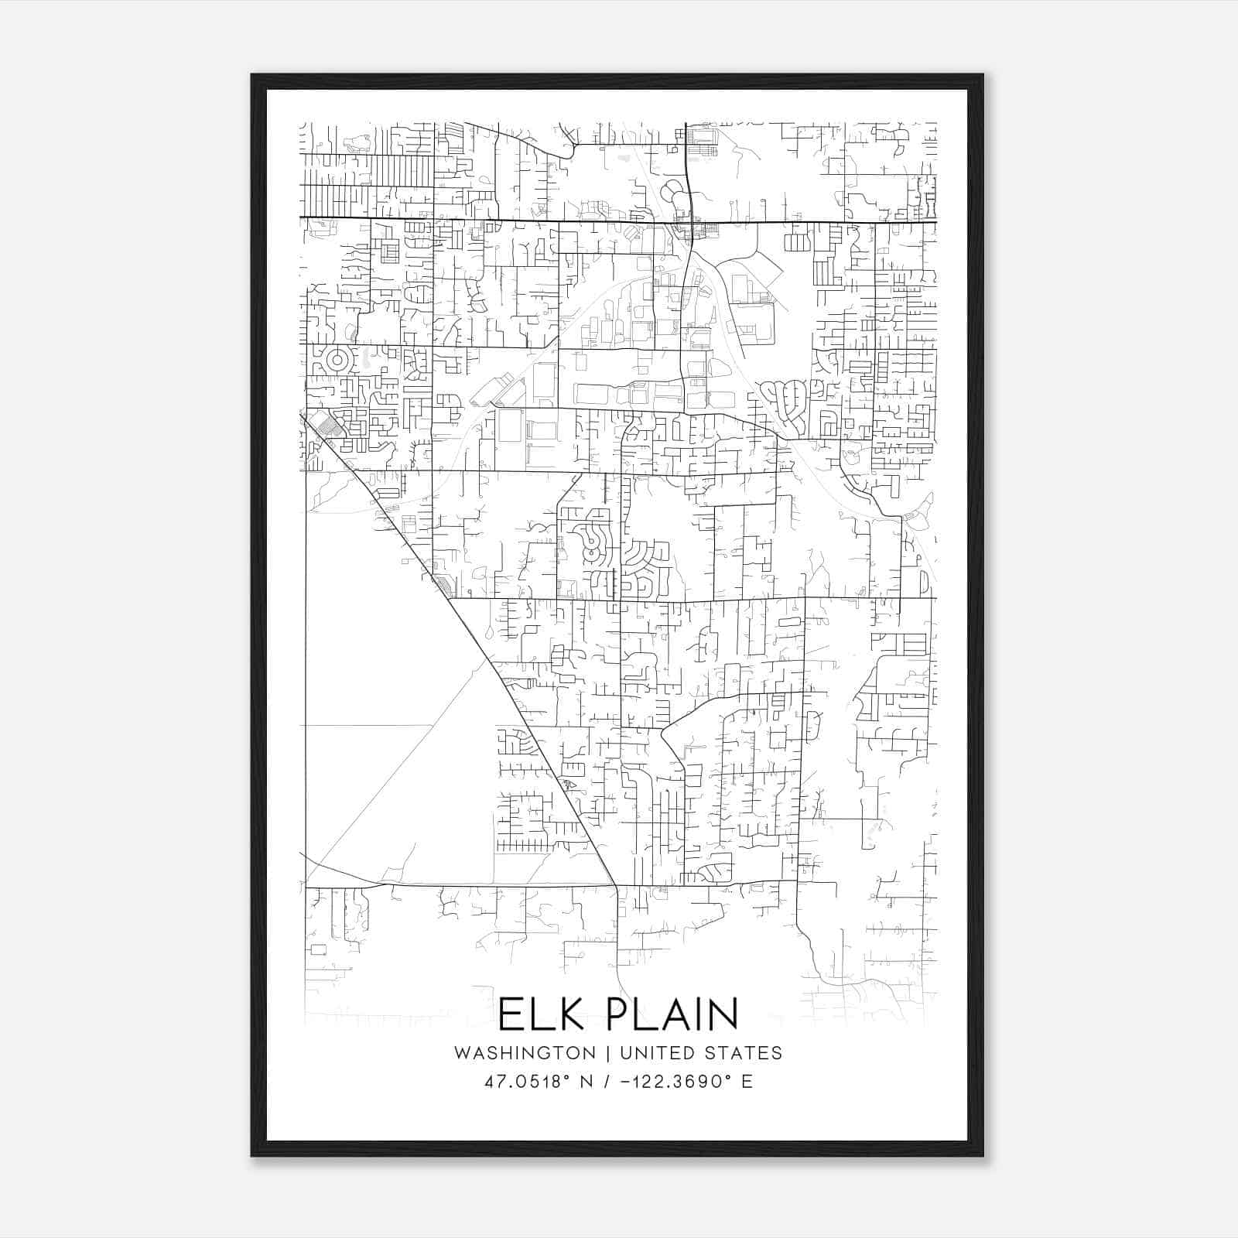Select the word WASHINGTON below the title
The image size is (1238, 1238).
point(525,1053)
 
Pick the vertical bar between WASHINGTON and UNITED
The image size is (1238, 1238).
point(608,1053)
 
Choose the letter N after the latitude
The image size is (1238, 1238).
point(586,1082)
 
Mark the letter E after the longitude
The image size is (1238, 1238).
point(747,1082)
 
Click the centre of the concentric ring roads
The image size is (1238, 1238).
point(337,360)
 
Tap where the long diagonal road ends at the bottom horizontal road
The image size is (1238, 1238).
point(616,885)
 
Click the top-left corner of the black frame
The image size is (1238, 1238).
point(252,75)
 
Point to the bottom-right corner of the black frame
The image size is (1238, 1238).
point(983,1155)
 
